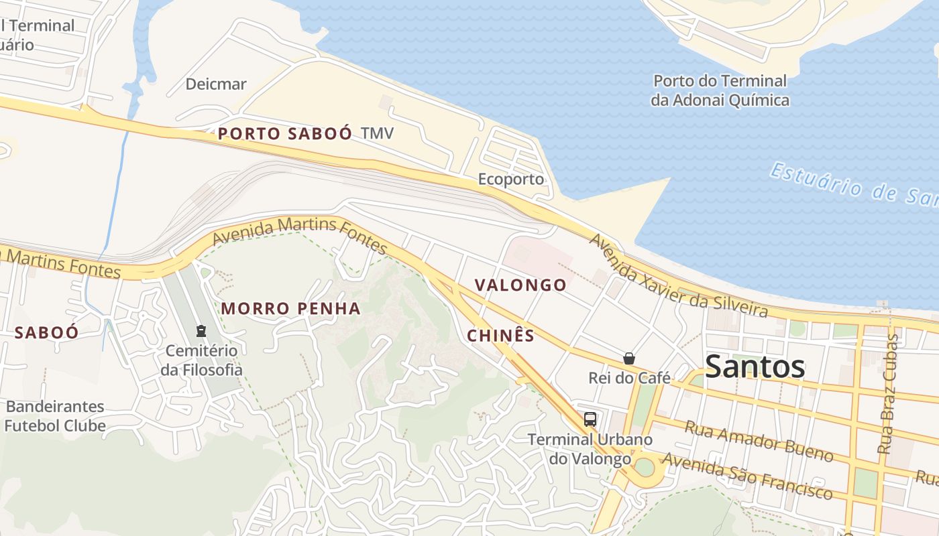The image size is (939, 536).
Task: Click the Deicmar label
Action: coord(216,84)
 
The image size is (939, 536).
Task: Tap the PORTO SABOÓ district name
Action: coord(284,133)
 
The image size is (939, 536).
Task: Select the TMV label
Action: coord(377,133)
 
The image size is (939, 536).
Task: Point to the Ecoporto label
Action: coord(510,180)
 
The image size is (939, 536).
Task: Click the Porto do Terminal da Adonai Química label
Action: coord(720,90)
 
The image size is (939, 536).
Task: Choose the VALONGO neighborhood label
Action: coord(520,285)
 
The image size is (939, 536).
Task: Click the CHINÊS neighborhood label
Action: coord(500,336)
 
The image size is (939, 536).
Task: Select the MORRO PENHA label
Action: coord(290,309)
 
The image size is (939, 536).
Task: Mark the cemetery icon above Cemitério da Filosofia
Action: coord(201,330)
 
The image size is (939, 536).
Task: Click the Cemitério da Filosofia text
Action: coord(201,360)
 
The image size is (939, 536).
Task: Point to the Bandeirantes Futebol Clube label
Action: coord(55,416)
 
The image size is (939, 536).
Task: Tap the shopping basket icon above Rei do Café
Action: coord(629,358)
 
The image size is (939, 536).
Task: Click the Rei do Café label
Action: coord(629,378)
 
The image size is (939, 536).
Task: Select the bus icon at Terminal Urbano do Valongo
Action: coord(590,419)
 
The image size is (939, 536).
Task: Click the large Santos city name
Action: coord(755,366)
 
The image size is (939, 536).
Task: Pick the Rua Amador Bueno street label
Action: coord(758,442)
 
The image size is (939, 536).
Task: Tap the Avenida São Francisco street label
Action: coord(747,477)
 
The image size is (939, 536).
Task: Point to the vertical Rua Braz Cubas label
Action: coord(887,394)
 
